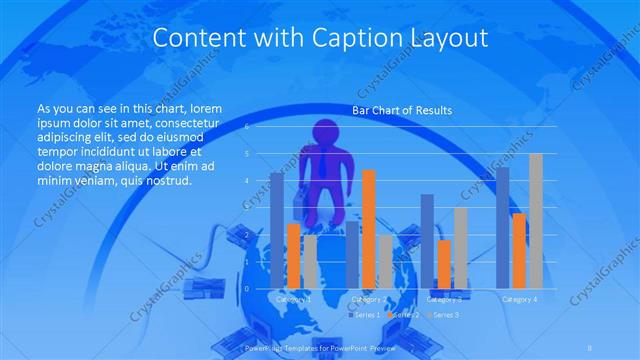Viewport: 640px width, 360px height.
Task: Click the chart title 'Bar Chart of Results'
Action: pyautogui.click(x=402, y=110)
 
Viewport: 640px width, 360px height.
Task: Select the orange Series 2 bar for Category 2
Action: pyautogui.click(x=369, y=228)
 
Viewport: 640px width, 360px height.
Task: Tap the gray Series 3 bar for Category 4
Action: pyautogui.click(x=536, y=220)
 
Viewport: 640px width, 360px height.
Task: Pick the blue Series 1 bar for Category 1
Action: pyautogui.click(x=277, y=230)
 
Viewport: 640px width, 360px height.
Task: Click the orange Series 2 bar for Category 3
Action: pyautogui.click(x=444, y=263)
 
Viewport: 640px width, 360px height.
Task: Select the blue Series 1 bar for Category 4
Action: pyautogui.click(x=503, y=227)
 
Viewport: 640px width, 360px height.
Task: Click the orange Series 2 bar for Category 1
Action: pyautogui.click(x=293, y=255)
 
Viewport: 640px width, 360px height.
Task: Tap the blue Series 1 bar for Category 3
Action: pyautogui.click(x=428, y=240)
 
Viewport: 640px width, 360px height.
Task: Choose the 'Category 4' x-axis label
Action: pyautogui.click(x=519, y=299)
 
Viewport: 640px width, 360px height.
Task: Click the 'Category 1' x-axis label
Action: pyautogui.click(x=292, y=299)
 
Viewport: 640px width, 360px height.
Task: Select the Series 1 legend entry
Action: pyautogui.click(x=363, y=314)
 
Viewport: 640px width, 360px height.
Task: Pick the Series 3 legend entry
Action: pyautogui.click(x=443, y=314)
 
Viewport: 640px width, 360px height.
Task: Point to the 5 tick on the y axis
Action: pyautogui.click(x=246, y=154)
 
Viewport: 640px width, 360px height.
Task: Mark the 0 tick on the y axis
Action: pyautogui.click(x=246, y=288)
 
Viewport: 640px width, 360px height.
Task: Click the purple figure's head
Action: pyautogui.click(x=327, y=134)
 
